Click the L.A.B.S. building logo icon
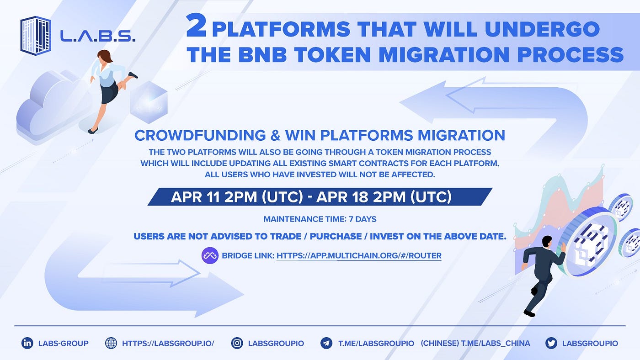36,36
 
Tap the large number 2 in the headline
196,26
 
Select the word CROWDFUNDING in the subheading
200,135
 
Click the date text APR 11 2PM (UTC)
237,197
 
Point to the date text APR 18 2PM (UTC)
384,197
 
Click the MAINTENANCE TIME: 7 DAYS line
320,219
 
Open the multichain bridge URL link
359,255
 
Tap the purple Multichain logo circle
210,255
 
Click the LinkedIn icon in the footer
27,343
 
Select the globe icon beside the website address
111,343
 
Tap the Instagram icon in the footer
237,343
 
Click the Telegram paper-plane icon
326,343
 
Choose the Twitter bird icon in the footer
551,343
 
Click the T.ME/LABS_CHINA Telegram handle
496,343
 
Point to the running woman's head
105,56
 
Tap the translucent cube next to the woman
149,102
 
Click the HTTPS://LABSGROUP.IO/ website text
168,343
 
